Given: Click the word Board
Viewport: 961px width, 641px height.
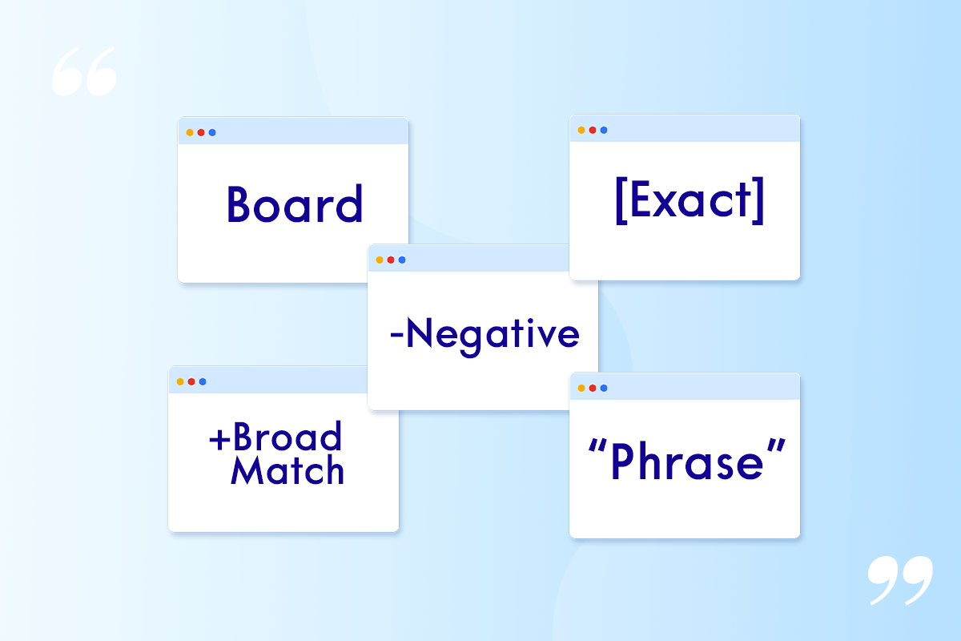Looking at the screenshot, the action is [295, 204].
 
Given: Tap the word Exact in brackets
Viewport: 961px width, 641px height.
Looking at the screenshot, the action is [690, 200].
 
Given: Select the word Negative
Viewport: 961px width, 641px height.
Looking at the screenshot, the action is [493, 337].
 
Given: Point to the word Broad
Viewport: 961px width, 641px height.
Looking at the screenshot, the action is [287, 436].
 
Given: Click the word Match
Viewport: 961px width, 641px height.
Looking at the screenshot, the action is [287, 470].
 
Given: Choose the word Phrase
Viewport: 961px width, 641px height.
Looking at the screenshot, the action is [687, 462].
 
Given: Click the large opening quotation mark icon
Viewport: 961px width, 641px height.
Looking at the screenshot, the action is [84, 71].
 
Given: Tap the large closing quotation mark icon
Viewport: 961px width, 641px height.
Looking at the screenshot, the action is [900, 580].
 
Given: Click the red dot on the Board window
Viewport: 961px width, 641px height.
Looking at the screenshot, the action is [201, 132].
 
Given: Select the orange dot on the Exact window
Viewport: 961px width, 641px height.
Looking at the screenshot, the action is [581, 130].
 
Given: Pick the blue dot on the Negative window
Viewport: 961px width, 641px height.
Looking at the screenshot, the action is [402, 260].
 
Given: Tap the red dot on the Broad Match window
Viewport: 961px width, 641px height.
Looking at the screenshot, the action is [191, 381].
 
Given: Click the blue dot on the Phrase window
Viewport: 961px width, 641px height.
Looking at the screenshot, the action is [604, 388].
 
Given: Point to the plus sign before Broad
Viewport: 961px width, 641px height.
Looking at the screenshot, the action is [219, 440].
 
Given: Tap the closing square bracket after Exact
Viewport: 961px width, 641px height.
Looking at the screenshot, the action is [758, 200].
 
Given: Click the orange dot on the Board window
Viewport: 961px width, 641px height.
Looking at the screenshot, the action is [190, 132].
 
